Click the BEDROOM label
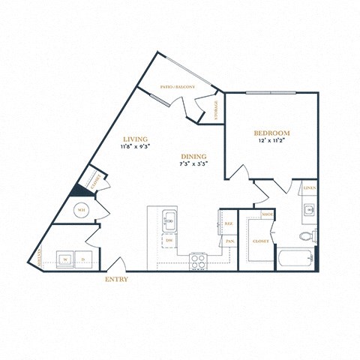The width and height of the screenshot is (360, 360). (x=271, y=133)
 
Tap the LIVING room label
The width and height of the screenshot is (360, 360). (x=135, y=139)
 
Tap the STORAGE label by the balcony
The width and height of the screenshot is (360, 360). (x=217, y=109)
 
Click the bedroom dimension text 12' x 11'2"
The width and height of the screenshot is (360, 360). (x=271, y=141)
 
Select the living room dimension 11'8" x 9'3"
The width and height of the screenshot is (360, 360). (x=135, y=148)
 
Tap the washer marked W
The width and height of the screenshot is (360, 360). (x=65, y=259)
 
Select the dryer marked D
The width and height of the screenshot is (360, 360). (x=83, y=259)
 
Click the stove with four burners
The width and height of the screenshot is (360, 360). (x=198, y=260)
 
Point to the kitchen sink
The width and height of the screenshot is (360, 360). (x=169, y=220)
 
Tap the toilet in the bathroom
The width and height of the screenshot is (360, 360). (x=307, y=237)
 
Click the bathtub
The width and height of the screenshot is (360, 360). (x=295, y=259)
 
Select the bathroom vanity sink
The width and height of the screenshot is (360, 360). (x=309, y=211)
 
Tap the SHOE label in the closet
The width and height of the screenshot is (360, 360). (x=267, y=214)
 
